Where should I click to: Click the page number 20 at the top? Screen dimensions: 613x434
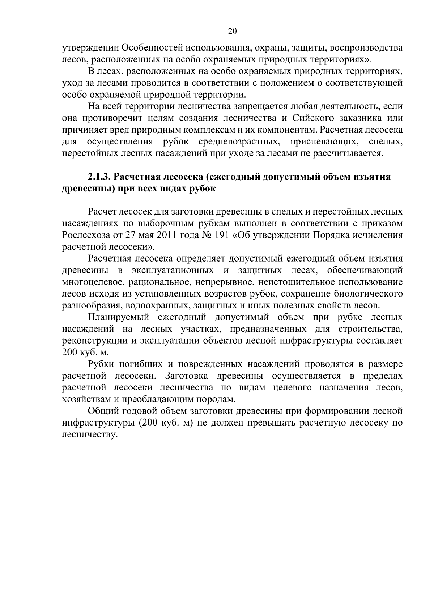tap(233, 31)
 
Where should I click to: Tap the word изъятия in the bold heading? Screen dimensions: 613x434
tap(375, 177)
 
